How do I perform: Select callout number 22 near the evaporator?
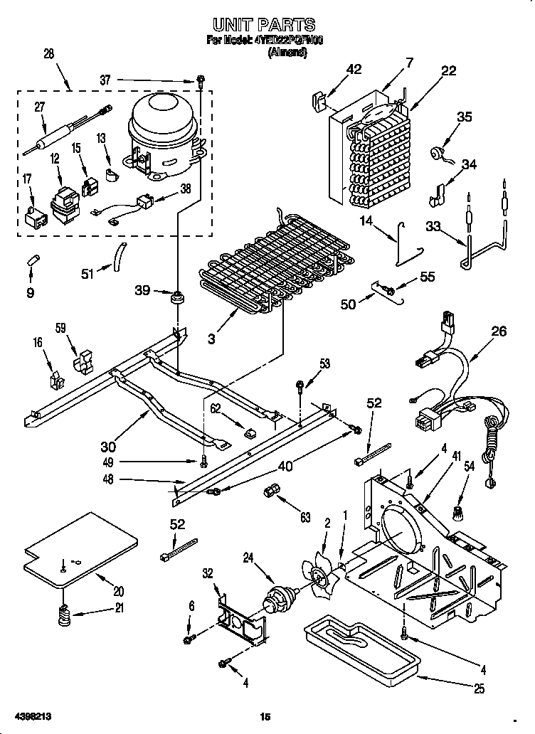tap(448, 70)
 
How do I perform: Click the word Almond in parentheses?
tap(287, 53)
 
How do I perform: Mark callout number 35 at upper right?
tap(464, 117)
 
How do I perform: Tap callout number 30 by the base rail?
tap(108, 447)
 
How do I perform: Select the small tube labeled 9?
tap(33, 258)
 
